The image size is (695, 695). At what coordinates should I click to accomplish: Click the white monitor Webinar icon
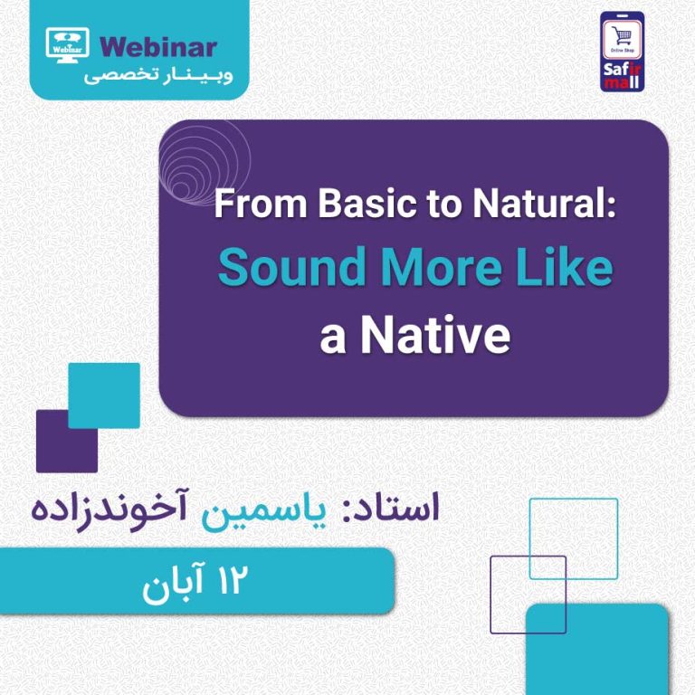point(67,44)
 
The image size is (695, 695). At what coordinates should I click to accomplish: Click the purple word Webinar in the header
point(158,47)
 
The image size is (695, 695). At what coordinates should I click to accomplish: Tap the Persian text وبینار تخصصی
point(158,76)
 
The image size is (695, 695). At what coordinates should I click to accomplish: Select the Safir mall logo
point(622,52)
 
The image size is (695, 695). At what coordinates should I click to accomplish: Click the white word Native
point(435,335)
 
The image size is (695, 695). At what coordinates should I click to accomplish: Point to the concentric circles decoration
point(205,162)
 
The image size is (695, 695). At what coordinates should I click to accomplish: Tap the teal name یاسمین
point(263,512)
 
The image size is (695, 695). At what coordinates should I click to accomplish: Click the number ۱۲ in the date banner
point(230,580)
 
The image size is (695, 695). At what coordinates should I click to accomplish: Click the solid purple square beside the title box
point(66,442)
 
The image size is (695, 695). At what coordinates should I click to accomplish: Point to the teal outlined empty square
point(574,500)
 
